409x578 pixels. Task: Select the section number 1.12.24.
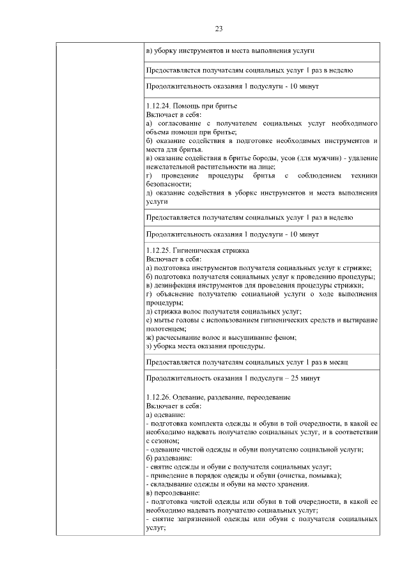pos(159,104)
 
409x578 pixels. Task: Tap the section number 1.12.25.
pos(159,251)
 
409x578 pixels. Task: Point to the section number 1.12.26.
pos(159,397)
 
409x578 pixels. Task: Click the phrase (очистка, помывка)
pos(306,475)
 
